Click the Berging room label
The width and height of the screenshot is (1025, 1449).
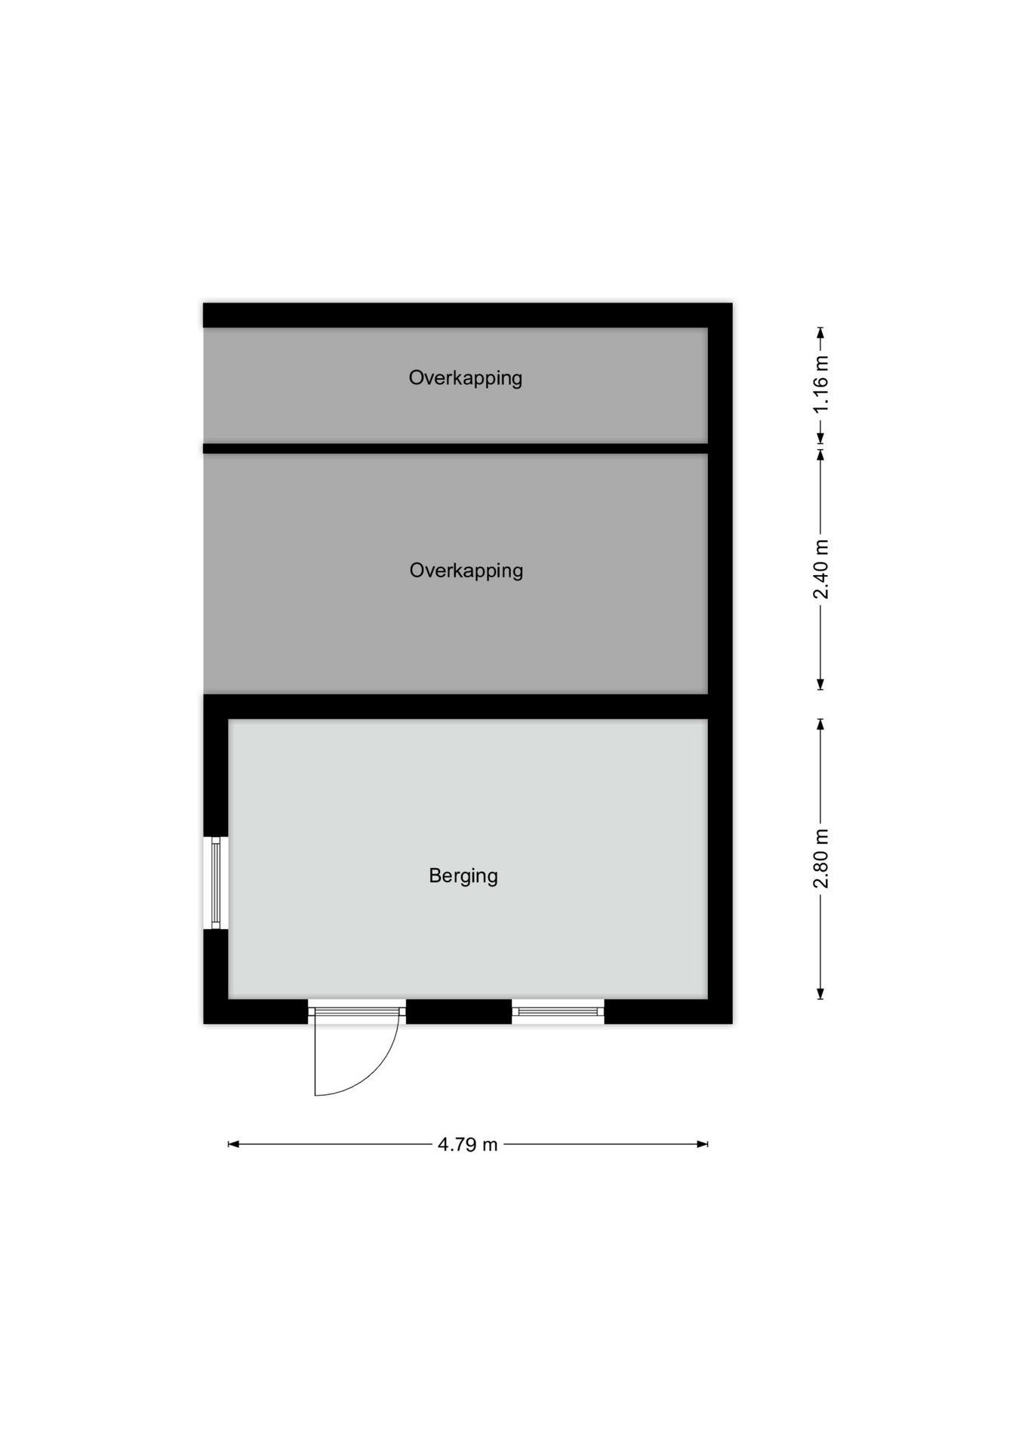pyautogui.click(x=463, y=875)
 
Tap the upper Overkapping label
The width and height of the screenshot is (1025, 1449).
pyautogui.click(x=466, y=377)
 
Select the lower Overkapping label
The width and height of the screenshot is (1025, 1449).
pyautogui.click(x=466, y=570)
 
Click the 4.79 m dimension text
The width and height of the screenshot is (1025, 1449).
pyautogui.click(x=468, y=1144)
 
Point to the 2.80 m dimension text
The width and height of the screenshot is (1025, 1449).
pyautogui.click(x=820, y=859)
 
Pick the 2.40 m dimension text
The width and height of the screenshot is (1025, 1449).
pyautogui.click(x=820, y=570)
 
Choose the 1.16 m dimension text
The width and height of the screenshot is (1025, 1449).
pyautogui.click(x=820, y=384)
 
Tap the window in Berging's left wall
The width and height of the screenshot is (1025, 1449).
pyautogui.click(x=216, y=882)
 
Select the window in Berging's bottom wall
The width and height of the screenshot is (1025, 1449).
pyautogui.click(x=558, y=1011)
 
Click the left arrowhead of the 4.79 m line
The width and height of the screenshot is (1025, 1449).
pyautogui.click(x=233, y=1144)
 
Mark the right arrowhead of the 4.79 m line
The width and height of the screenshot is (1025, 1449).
pyautogui.click(x=703, y=1144)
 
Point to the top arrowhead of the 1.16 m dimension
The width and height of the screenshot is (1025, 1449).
pyautogui.click(x=820, y=333)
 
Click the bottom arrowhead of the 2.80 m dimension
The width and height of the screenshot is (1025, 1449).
pyautogui.click(x=820, y=993)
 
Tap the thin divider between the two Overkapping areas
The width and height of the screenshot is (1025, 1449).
pyautogui.click(x=455, y=448)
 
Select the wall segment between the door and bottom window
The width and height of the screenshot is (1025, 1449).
pyautogui.click(x=459, y=1011)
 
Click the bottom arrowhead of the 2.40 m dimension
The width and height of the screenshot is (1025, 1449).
pyautogui.click(x=820, y=684)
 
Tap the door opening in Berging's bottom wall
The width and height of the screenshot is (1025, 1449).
pyautogui.click(x=357, y=1011)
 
